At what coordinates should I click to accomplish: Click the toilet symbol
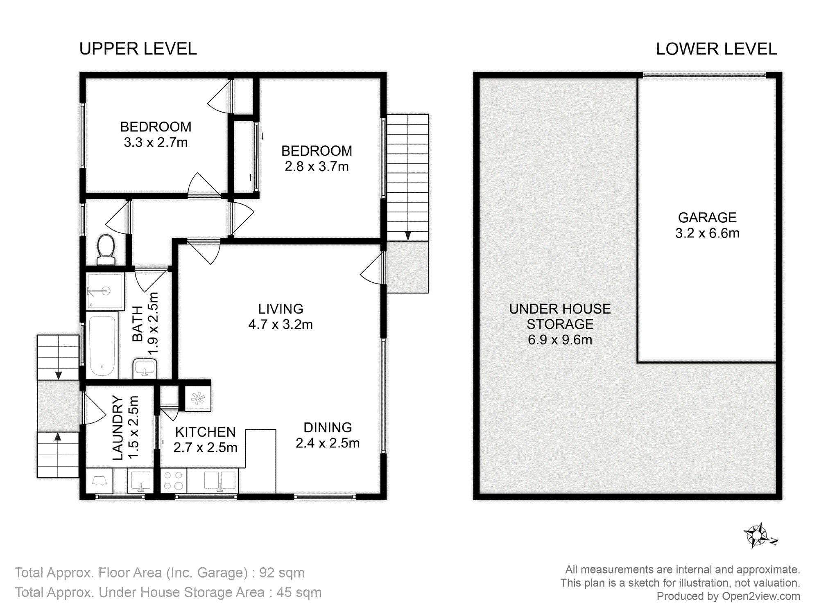106,250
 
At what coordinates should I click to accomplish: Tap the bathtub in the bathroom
102,345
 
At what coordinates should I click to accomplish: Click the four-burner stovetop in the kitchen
173,481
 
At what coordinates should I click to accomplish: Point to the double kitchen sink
220,481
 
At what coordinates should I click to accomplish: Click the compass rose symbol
760,535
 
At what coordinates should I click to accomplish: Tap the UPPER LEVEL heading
138,49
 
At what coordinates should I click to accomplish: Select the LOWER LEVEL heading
716,49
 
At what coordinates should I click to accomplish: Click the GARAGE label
707,217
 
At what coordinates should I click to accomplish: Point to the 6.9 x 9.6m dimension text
560,340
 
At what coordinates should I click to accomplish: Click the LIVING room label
281,309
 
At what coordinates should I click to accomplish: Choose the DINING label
328,427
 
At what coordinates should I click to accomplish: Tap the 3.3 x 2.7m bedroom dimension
156,142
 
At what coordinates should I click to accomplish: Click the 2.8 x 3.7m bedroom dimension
317,167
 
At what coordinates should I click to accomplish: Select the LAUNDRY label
118,428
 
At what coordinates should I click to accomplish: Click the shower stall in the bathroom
105,291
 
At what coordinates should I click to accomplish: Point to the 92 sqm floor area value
282,573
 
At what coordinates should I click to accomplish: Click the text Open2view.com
761,596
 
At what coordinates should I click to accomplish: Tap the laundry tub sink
140,481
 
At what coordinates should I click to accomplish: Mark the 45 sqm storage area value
299,592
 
